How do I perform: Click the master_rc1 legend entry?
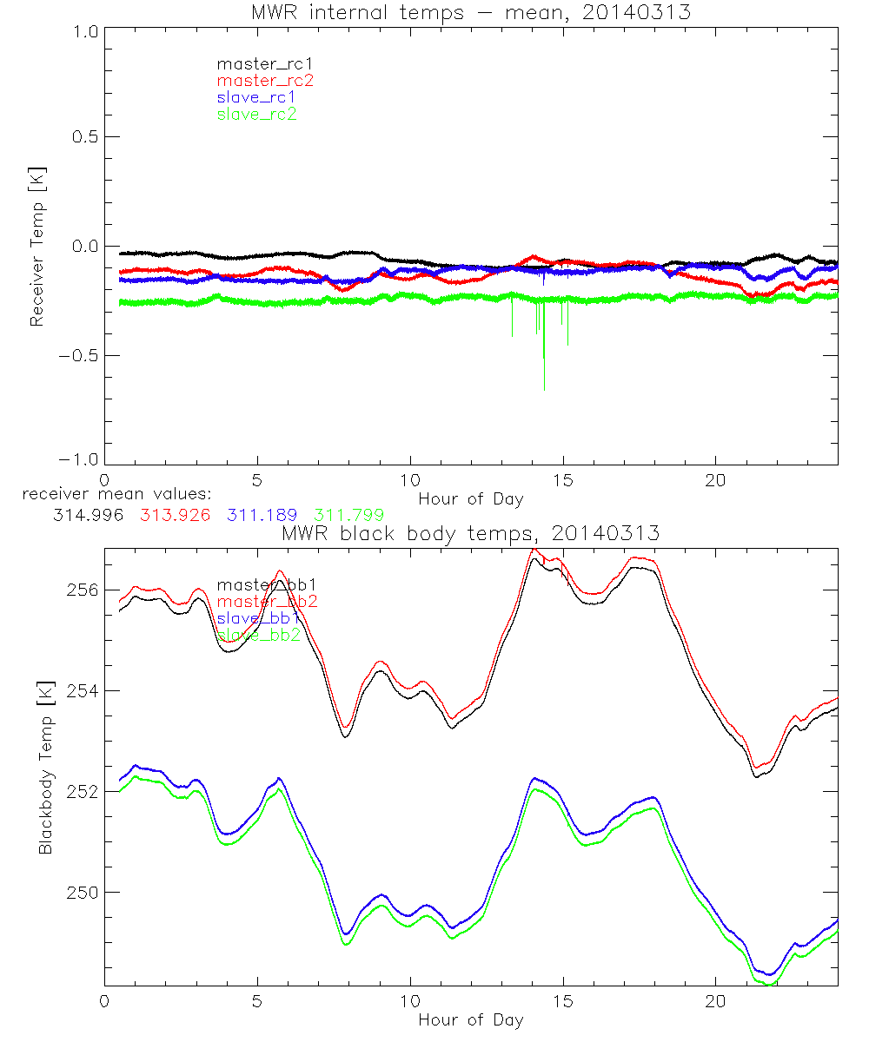[x=258, y=64]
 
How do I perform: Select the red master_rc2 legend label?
[x=264, y=81]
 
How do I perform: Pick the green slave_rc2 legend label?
[x=256, y=114]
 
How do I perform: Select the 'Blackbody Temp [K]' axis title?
[x=44, y=768]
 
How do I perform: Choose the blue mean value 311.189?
[x=262, y=515]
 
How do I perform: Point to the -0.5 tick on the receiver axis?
[x=80, y=355]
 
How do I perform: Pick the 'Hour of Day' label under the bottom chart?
[x=471, y=1019]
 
